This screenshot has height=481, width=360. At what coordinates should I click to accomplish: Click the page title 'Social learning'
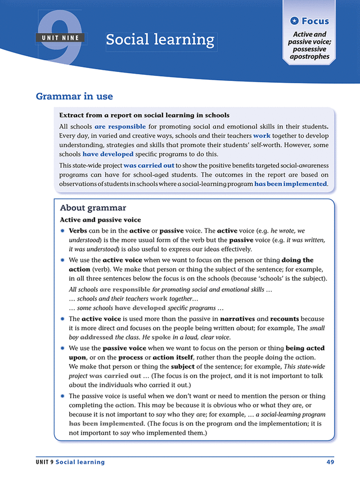[160, 41]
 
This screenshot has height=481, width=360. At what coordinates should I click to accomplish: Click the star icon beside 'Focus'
[294, 21]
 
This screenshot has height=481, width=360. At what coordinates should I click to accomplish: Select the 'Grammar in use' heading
[74, 96]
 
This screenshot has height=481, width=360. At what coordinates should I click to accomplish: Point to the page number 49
[330, 462]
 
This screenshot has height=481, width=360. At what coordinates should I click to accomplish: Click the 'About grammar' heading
[93, 208]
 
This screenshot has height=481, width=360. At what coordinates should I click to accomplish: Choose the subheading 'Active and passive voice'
[100, 220]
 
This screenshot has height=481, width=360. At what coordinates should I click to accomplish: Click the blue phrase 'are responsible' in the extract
[120, 127]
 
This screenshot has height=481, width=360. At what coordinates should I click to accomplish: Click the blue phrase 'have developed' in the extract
[108, 154]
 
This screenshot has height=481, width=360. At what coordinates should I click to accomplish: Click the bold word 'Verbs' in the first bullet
[79, 231]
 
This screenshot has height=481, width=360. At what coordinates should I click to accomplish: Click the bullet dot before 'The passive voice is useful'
[62, 396]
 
